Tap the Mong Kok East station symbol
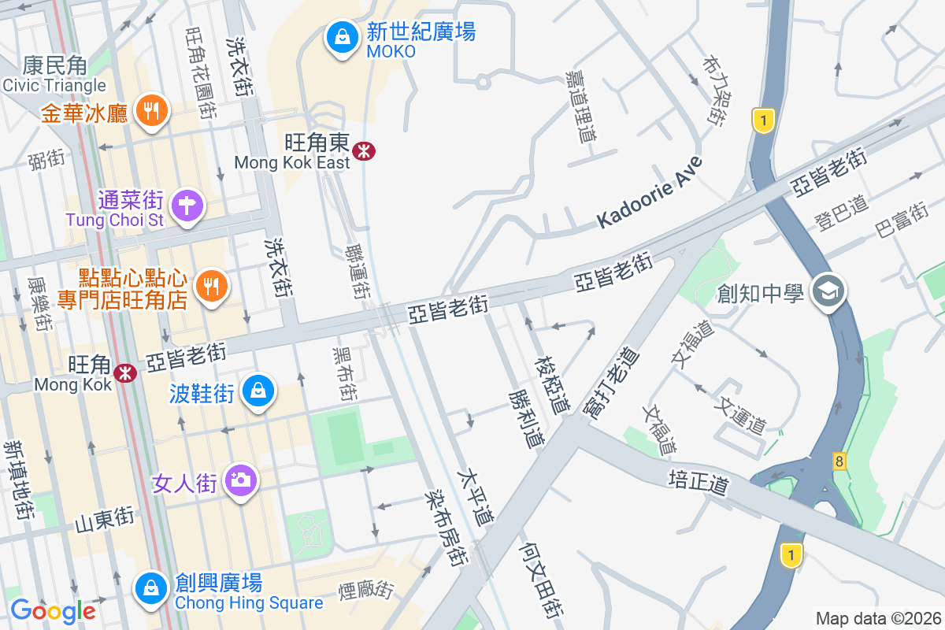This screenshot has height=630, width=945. [364, 150]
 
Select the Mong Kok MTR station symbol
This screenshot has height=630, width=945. [124, 372]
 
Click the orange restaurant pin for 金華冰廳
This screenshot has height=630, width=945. [150, 110]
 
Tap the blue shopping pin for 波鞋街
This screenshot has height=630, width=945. [257, 391]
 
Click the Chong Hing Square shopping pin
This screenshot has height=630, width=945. [150, 587]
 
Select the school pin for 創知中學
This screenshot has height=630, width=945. [829, 292]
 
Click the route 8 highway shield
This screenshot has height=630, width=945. [839, 461]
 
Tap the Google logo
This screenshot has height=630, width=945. [53, 610]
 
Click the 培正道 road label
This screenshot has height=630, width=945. [698, 481]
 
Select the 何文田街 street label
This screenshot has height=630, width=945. [543, 578]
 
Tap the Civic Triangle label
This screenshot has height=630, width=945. [54, 85]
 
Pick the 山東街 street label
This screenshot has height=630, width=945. [104, 519]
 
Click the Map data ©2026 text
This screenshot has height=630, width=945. [877, 618]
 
